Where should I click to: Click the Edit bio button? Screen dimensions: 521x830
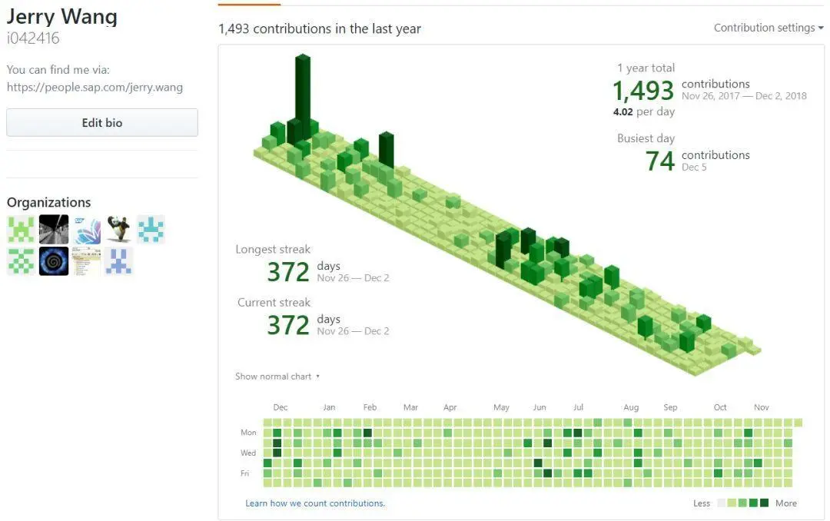pyautogui.click(x=102, y=123)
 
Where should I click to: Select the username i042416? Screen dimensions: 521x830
pyautogui.click(x=33, y=38)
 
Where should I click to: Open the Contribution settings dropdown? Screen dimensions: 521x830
pyautogui.click(x=768, y=28)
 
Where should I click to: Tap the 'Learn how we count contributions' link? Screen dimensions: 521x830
pyautogui.click(x=315, y=503)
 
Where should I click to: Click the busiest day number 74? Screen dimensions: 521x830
pyautogui.click(x=660, y=161)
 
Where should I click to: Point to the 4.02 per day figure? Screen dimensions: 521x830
pyautogui.click(x=644, y=111)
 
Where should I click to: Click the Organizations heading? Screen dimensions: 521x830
pyautogui.click(x=49, y=202)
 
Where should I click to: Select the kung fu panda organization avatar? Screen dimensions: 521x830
pyautogui.click(x=118, y=229)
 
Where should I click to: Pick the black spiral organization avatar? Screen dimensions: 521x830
pyautogui.click(x=54, y=261)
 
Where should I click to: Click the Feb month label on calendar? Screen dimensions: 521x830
pyautogui.click(x=370, y=407)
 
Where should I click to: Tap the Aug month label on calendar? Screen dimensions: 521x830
pyautogui.click(x=631, y=407)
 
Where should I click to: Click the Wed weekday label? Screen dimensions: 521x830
pyautogui.click(x=248, y=453)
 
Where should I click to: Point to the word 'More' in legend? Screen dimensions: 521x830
pyautogui.click(x=786, y=503)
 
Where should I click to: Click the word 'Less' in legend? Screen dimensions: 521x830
pyautogui.click(x=702, y=503)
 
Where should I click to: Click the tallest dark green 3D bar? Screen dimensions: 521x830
pyautogui.click(x=303, y=88)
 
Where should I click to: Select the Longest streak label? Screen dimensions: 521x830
pyautogui.click(x=273, y=249)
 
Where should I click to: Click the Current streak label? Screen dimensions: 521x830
pyautogui.click(x=274, y=303)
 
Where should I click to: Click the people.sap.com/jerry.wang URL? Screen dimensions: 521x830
pyautogui.click(x=95, y=87)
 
